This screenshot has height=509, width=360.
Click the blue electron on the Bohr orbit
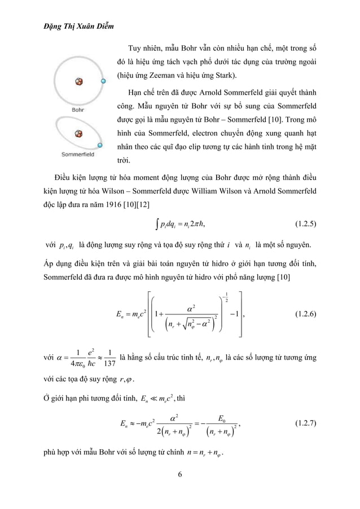click(102, 81)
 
